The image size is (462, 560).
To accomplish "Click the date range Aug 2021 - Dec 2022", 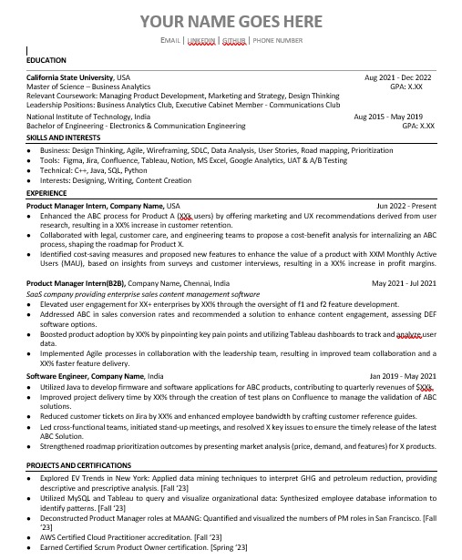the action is pos(398,77).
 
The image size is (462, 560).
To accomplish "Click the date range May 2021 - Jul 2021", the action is pos(404,284).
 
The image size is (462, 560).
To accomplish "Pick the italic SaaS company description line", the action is pos(130,294).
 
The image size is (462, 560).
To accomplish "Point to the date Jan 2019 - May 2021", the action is pos(403,375).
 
